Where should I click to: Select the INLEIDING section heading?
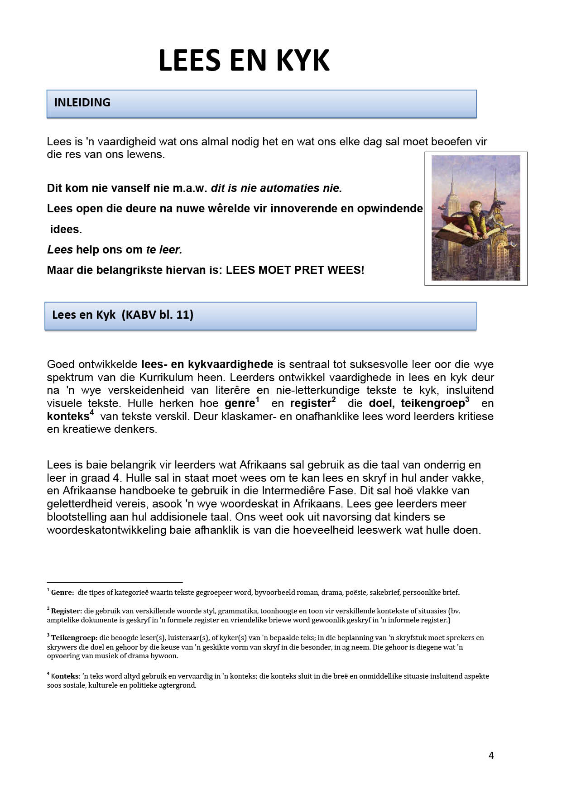pos(82,103)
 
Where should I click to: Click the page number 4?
pos(491,755)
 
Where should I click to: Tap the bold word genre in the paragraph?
pos(240,403)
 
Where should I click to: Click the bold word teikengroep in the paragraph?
pos(432,403)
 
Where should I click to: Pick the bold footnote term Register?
pos(66,611)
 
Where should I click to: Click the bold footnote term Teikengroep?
pos(74,638)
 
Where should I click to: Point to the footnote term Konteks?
pos(65,676)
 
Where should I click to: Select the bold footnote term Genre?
pos(62,592)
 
